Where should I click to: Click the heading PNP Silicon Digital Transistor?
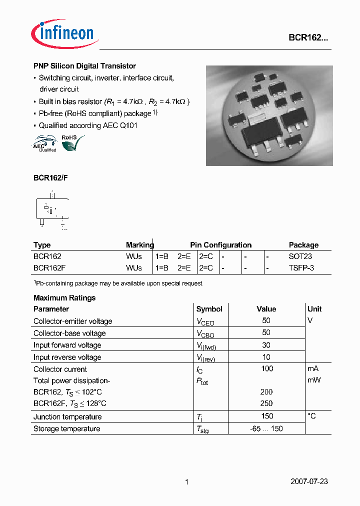[x=84, y=66]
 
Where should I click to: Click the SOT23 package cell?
[x=300, y=256]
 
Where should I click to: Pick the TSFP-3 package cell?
[x=301, y=267]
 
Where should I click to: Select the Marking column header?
[x=140, y=245]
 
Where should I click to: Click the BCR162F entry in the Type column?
[x=49, y=267]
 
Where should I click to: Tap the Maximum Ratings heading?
[x=64, y=297]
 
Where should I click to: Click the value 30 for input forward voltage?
[x=266, y=345]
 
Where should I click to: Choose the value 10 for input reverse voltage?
[x=266, y=357]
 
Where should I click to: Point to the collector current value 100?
[x=267, y=368]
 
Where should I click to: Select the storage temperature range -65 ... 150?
[x=266, y=429]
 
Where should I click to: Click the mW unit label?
[x=313, y=380]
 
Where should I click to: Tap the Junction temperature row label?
[x=67, y=417]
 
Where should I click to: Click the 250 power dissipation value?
[x=266, y=403]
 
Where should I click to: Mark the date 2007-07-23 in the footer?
[x=309, y=481]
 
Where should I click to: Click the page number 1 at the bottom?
[x=186, y=482]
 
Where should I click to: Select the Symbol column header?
[x=209, y=309]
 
